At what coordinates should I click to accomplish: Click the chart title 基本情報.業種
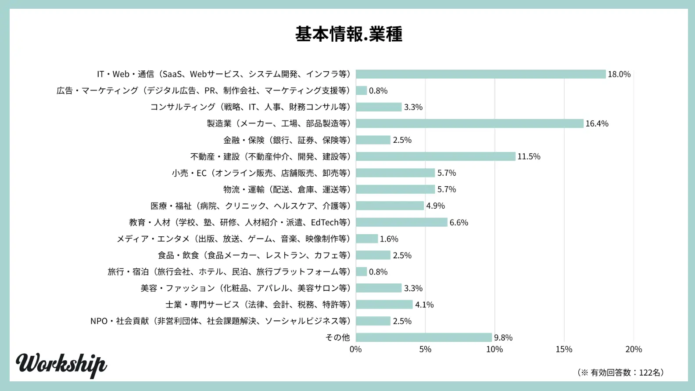coord(349,34)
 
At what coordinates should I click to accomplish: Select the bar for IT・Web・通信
coord(480,74)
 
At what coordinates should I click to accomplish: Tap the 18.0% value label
coord(619,74)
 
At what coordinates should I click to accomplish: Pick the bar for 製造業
coord(469,123)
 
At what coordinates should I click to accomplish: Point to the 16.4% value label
coord(597,123)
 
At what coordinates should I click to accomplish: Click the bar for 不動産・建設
coord(435,156)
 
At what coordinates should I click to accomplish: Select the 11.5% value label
coord(529,156)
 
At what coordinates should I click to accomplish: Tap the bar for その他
coord(423,337)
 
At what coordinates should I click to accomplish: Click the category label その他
coord(337,337)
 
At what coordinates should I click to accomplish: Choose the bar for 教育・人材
coord(401,222)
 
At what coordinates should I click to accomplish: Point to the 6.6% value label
coord(459,222)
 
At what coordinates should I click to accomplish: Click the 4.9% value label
coord(435,206)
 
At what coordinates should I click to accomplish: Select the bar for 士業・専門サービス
coord(384,304)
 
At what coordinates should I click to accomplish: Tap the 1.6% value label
coord(389,239)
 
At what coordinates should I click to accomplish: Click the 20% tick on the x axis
coord(634,349)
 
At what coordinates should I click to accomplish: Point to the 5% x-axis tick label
coord(425,349)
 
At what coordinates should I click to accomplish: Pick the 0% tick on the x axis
coord(356,349)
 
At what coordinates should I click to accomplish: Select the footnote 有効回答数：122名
coord(620,373)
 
